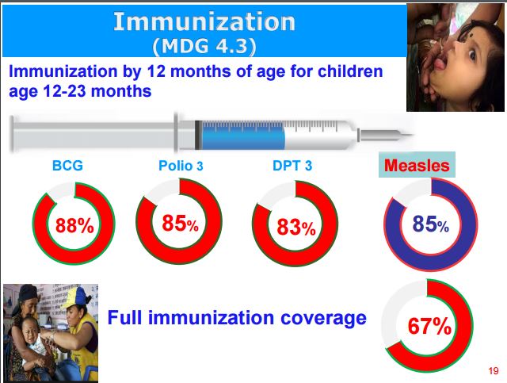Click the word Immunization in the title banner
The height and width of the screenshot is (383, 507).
tap(204, 21)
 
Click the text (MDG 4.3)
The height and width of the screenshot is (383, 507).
tap(204, 46)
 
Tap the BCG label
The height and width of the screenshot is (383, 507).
tap(67, 166)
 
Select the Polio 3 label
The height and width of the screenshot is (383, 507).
tap(181, 166)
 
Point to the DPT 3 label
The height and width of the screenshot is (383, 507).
tap(292, 166)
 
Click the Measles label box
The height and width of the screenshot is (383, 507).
tap(417, 165)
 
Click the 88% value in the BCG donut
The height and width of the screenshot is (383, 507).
tap(74, 225)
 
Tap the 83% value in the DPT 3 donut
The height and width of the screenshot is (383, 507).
tap(296, 227)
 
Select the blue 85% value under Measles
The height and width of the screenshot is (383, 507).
tap(430, 224)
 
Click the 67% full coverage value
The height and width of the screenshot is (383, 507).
tap(429, 326)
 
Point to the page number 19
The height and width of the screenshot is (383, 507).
tap(494, 370)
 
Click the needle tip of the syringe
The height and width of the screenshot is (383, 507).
tap(412, 135)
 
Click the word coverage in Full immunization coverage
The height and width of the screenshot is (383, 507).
tap(323, 318)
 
